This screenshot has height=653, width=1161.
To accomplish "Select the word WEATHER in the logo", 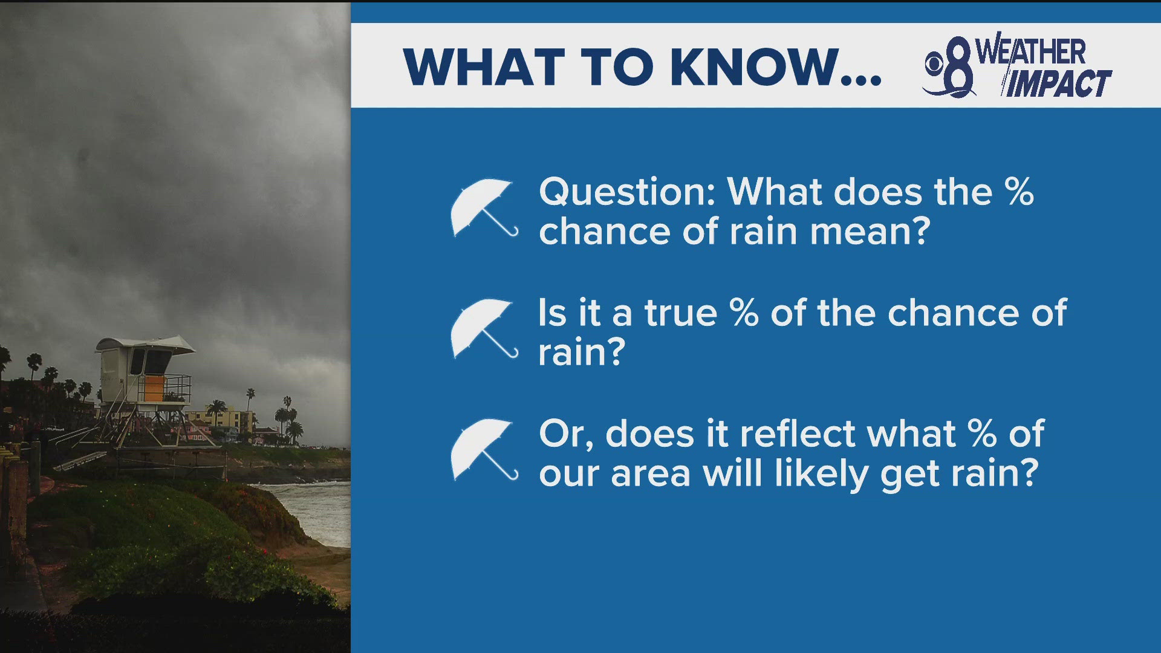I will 1031,51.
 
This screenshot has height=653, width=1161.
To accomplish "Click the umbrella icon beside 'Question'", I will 482,207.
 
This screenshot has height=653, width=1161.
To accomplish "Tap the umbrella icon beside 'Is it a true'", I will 482,328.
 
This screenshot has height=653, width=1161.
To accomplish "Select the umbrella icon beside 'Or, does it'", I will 482,449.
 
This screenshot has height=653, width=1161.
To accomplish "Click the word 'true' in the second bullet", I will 680,313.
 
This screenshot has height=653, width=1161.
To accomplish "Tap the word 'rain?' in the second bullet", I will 581,353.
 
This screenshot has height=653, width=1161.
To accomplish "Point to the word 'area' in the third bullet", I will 650,474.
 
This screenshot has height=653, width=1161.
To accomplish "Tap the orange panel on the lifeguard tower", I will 154,388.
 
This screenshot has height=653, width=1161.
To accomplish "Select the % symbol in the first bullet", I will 1019,192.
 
